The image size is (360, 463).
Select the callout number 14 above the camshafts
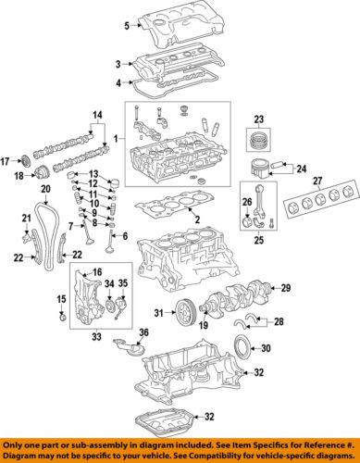(95, 115)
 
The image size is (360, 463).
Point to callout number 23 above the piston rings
(258, 117)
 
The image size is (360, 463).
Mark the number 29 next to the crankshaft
(285, 289)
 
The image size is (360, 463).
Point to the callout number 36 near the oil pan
(143, 333)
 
